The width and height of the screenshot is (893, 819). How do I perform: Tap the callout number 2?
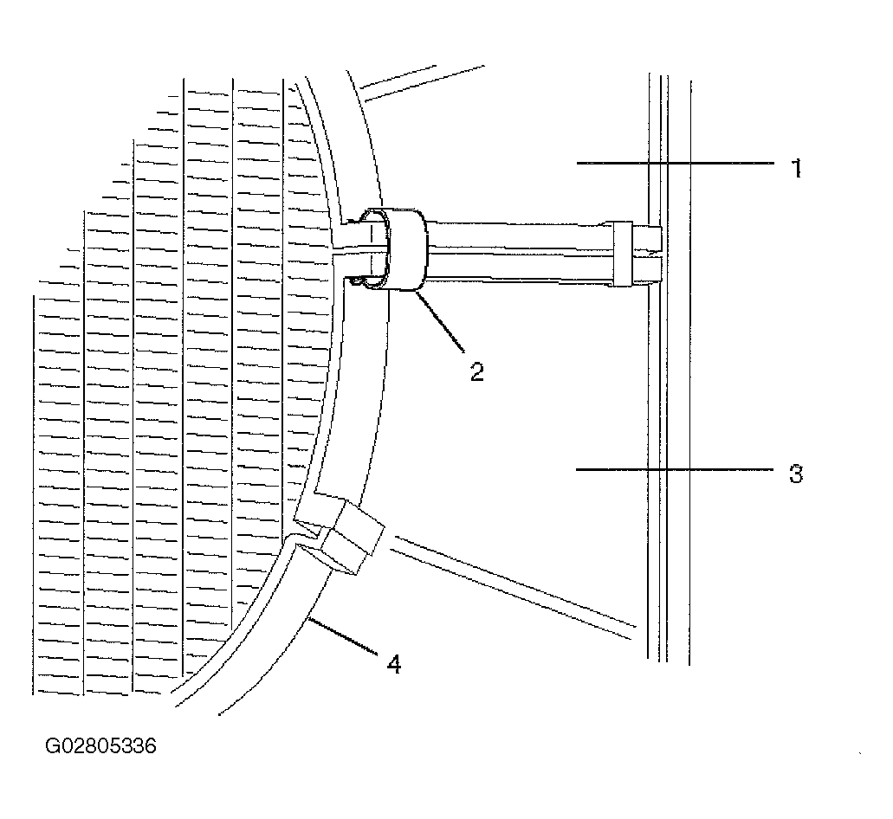point(477,371)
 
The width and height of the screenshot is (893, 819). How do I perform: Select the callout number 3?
point(796,474)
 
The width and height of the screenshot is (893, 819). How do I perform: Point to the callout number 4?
point(394,664)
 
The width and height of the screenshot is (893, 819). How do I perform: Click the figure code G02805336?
point(100,745)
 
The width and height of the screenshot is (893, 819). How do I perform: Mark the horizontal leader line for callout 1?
point(676,164)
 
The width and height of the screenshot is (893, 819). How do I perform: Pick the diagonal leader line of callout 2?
point(441,320)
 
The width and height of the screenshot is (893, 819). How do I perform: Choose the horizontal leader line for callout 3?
point(675,469)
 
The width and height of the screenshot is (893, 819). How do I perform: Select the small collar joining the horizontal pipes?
point(623,254)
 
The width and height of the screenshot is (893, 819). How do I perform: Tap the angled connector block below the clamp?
point(342,535)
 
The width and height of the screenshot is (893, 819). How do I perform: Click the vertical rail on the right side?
point(670,370)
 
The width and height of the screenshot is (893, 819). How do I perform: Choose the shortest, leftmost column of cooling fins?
point(58,489)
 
